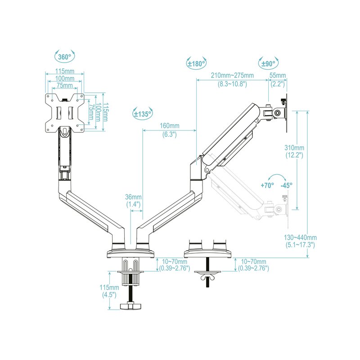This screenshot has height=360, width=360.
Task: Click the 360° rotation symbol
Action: coord(65,57)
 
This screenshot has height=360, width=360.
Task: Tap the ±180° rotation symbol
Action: coord(196,64)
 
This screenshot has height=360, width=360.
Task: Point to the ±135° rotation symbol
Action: coord(143,113)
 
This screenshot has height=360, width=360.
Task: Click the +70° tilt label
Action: coord(267,185)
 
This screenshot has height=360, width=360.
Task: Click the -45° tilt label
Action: coord(286,185)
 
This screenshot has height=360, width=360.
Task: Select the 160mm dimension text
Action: coord(170,126)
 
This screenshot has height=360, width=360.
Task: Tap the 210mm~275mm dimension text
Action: coord(232,75)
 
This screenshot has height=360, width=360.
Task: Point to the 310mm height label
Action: coord(295,148)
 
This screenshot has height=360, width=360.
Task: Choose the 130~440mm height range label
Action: coord(301,238)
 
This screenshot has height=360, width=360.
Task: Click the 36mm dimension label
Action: coord(133,197)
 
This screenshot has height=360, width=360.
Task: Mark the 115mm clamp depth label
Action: coord(110,288)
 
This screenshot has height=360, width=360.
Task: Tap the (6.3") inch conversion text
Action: coord(170,134)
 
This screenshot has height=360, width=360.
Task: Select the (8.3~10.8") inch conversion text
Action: coord(232,84)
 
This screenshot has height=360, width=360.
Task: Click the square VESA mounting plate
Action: coord(65,112)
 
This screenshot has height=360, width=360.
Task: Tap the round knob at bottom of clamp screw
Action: coord(130,306)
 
